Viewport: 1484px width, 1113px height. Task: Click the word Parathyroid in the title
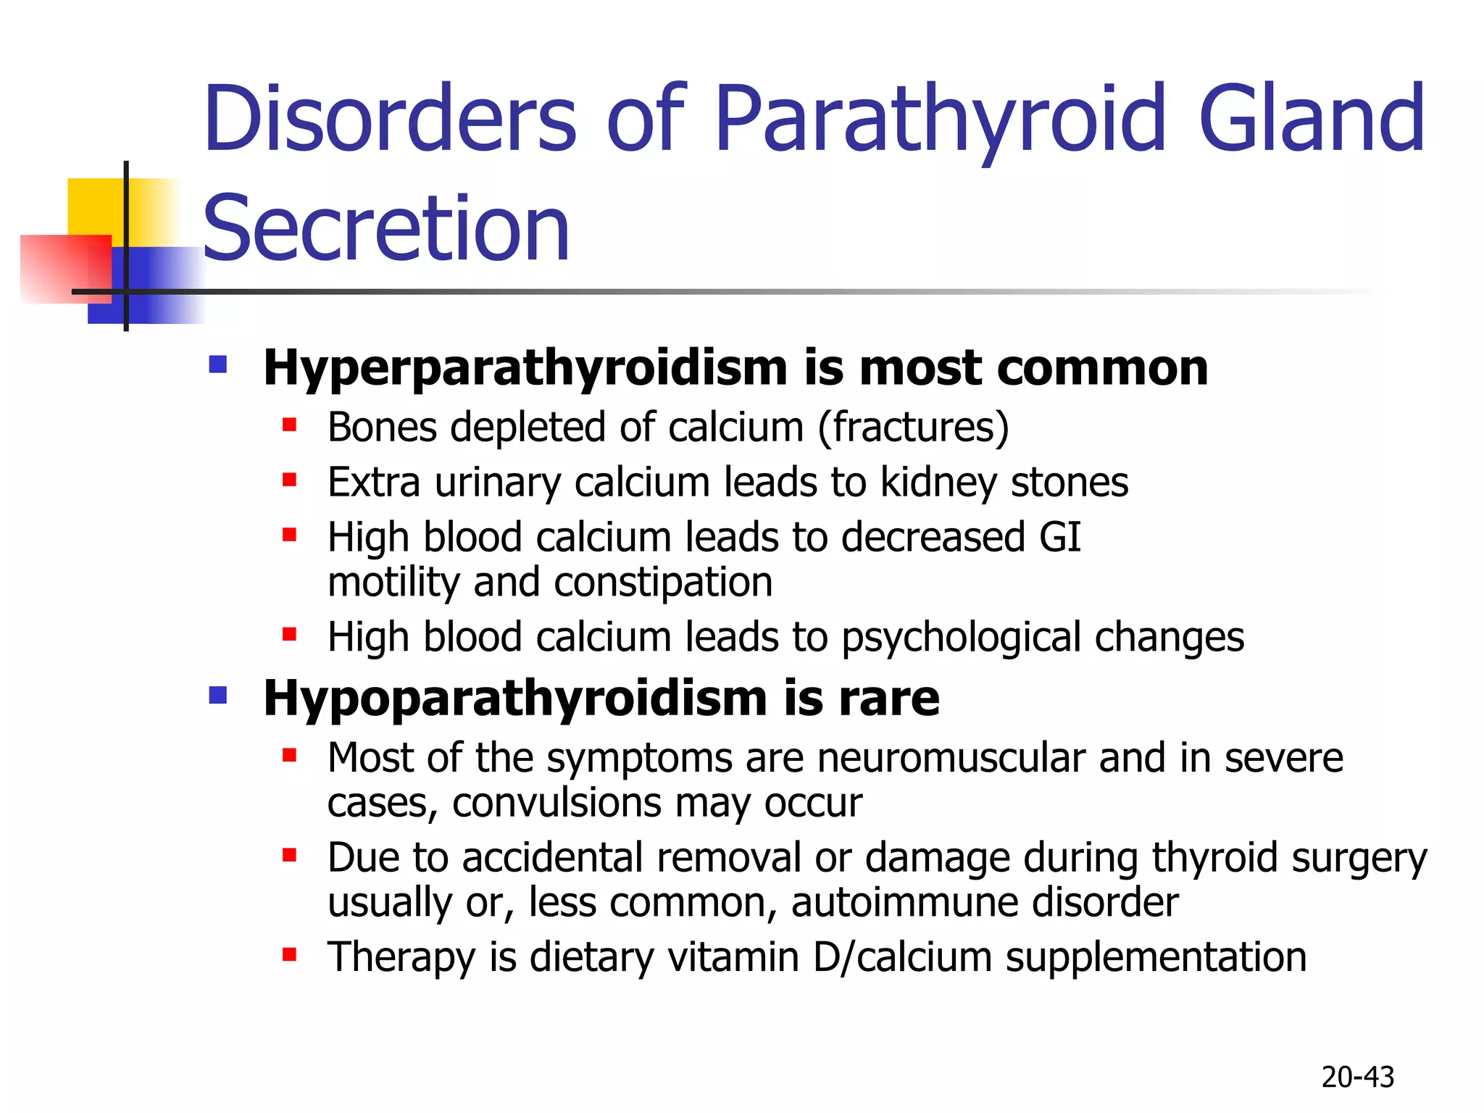click(x=940, y=120)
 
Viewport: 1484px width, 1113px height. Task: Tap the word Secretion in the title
click(x=386, y=228)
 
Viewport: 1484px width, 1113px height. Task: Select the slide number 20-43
click(x=1357, y=1077)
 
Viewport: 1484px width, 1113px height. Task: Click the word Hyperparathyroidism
click(x=525, y=367)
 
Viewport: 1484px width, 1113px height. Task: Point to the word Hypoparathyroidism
click(x=514, y=698)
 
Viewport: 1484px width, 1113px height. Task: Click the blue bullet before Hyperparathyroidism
click(x=218, y=364)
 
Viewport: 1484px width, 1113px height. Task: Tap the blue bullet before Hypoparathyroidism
click(x=218, y=695)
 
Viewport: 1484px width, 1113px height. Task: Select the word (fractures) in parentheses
click(x=913, y=427)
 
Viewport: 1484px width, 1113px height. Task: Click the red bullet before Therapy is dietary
click(x=290, y=954)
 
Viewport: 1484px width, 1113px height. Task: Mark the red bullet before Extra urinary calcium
click(x=290, y=480)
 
